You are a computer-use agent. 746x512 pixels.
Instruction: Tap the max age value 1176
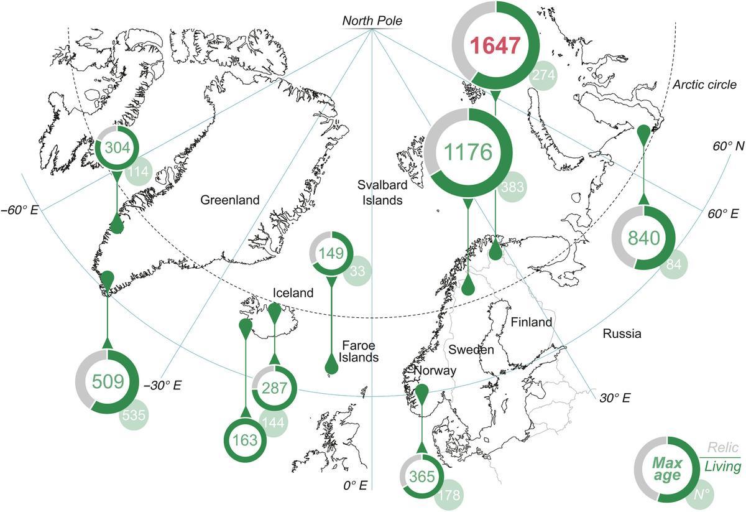pos(469,152)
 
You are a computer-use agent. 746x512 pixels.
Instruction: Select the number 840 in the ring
pos(643,238)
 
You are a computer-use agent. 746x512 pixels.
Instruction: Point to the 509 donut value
pos(107,381)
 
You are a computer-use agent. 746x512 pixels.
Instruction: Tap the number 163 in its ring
pos(244,440)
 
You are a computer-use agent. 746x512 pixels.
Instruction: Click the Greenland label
pos(229,200)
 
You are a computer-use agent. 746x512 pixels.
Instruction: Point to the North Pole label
pos(372,21)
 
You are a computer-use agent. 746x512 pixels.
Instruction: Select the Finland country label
pos(531,322)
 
